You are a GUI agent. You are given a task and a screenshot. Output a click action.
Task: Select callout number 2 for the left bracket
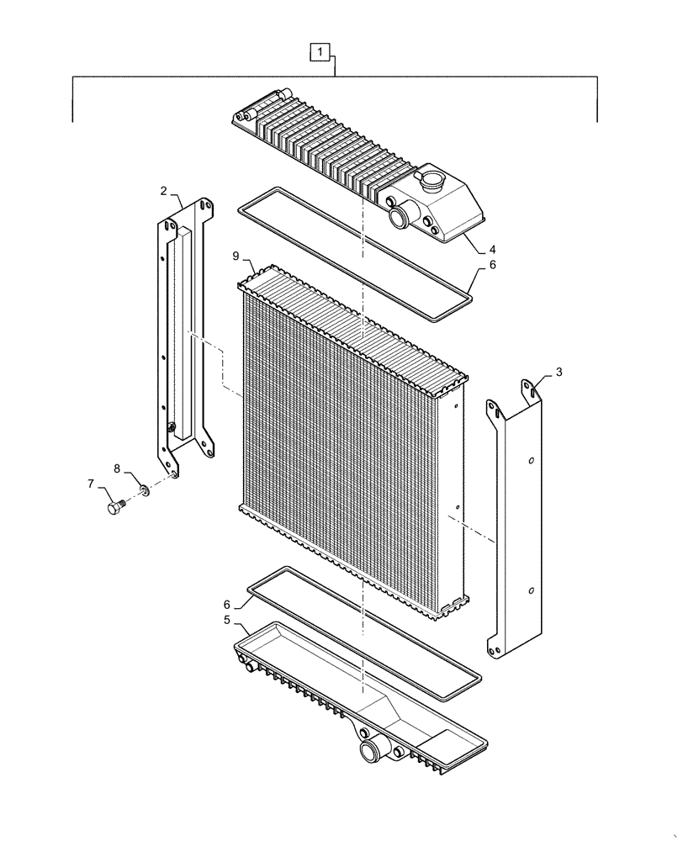[x=163, y=192]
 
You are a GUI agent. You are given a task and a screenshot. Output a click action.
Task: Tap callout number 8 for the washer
[x=118, y=468]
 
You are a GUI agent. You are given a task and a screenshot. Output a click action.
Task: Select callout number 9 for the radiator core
[x=236, y=254]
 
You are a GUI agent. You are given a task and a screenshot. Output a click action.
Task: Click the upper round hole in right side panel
[x=531, y=461]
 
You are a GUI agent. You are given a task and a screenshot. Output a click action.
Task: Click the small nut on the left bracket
[x=172, y=429]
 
